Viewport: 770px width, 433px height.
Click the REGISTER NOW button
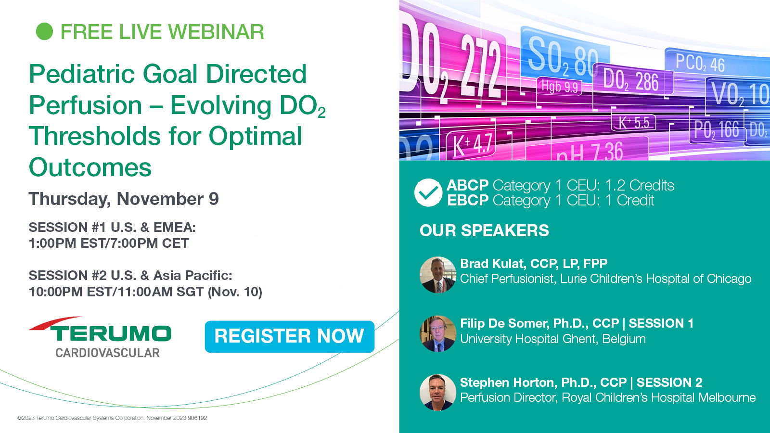(289, 336)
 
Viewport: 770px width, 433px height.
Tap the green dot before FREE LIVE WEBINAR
(44, 32)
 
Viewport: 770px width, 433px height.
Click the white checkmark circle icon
(428, 192)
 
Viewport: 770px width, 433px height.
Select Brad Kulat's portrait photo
(437, 275)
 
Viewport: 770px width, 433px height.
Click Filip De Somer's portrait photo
(437, 333)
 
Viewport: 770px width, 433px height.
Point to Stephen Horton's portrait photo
(437, 392)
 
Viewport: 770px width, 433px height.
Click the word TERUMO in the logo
(110, 333)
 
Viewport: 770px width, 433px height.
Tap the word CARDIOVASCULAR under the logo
(108, 353)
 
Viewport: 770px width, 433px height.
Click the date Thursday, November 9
(123, 199)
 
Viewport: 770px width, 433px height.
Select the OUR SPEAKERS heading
(484, 230)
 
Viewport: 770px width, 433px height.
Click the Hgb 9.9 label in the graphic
(560, 86)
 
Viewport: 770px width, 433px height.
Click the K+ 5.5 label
(634, 122)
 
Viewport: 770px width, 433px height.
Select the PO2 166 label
(716, 129)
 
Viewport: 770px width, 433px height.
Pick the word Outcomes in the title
(90, 168)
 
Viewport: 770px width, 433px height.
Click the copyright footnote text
(112, 418)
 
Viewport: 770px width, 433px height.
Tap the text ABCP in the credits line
(467, 185)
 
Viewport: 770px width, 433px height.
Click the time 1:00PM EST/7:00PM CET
(109, 243)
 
